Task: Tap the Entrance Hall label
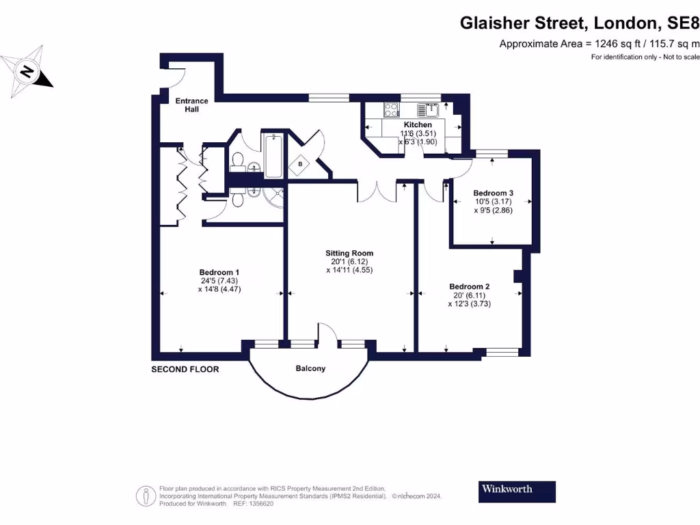click(x=191, y=105)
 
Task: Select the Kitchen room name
click(x=417, y=125)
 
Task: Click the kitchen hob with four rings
click(x=392, y=109)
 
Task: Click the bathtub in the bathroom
click(x=273, y=156)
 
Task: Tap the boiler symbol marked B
click(x=300, y=165)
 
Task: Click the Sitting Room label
click(x=349, y=253)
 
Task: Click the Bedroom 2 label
click(x=469, y=286)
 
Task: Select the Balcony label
click(x=310, y=368)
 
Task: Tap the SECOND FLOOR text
click(x=185, y=369)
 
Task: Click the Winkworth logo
click(x=516, y=489)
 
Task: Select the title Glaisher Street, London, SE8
click(x=578, y=23)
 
